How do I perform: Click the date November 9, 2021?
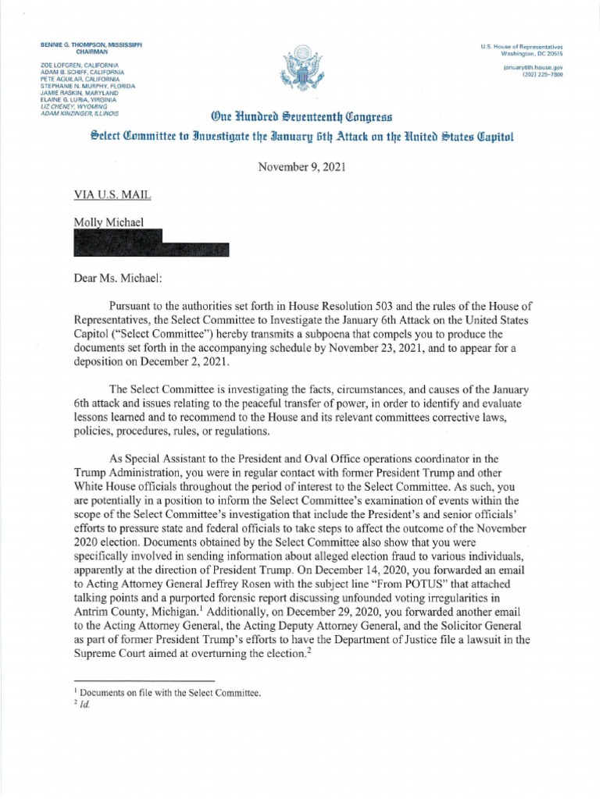(299, 165)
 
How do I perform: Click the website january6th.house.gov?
(535, 67)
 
